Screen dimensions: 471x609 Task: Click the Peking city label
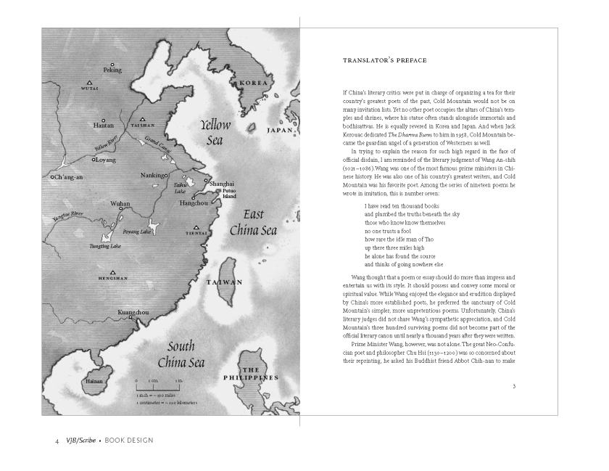tap(112, 70)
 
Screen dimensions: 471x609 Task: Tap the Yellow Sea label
tap(215, 132)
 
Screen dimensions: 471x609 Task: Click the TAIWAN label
tap(224, 282)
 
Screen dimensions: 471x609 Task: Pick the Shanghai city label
tap(221, 184)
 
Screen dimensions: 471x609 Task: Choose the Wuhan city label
tap(120, 205)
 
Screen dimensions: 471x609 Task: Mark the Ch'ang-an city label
tap(69, 177)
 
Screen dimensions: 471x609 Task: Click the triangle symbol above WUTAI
tap(89, 82)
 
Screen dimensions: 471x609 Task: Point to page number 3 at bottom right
tap(513, 386)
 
